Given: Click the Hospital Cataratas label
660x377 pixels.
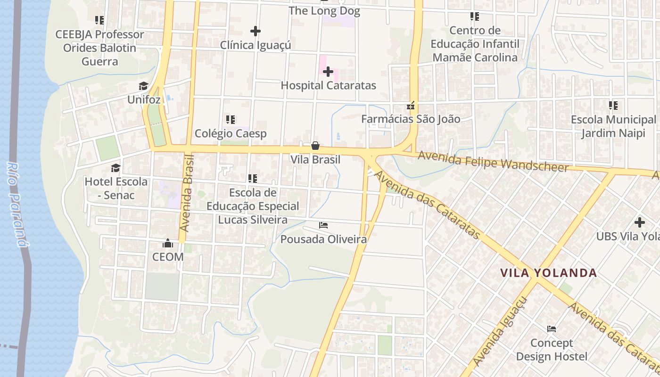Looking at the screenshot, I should pyautogui.click(x=328, y=85).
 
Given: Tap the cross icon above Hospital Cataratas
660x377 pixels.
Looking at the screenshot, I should pyautogui.click(x=328, y=72).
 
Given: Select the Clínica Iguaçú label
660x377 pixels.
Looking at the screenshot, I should pyautogui.click(x=256, y=45).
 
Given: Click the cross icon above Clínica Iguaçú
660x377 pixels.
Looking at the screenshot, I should pyautogui.click(x=256, y=31).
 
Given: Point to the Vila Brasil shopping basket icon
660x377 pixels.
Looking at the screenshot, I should pyautogui.click(x=315, y=146).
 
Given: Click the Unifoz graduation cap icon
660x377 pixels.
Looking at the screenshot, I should pyautogui.click(x=144, y=86).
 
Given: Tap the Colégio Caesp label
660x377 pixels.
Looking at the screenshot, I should pyautogui.click(x=231, y=133).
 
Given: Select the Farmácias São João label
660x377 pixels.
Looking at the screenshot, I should pyautogui.click(x=411, y=119).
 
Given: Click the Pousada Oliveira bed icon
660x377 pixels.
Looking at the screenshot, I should pyautogui.click(x=323, y=225).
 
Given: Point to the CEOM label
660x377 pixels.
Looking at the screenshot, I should pyautogui.click(x=168, y=257).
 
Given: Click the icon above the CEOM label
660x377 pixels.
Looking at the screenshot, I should pyautogui.click(x=168, y=243).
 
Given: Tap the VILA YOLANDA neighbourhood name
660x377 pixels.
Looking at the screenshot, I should pyautogui.click(x=549, y=273).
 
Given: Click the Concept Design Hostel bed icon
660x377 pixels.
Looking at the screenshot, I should pyautogui.click(x=552, y=329).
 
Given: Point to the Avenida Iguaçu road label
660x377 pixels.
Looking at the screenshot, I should pyautogui.click(x=501, y=331).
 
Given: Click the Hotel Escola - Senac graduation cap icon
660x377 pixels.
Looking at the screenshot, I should pyautogui.click(x=115, y=168).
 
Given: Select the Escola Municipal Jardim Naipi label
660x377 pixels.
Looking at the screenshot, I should pyautogui.click(x=613, y=126).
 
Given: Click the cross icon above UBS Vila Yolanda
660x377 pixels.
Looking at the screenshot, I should pyautogui.click(x=640, y=222).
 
